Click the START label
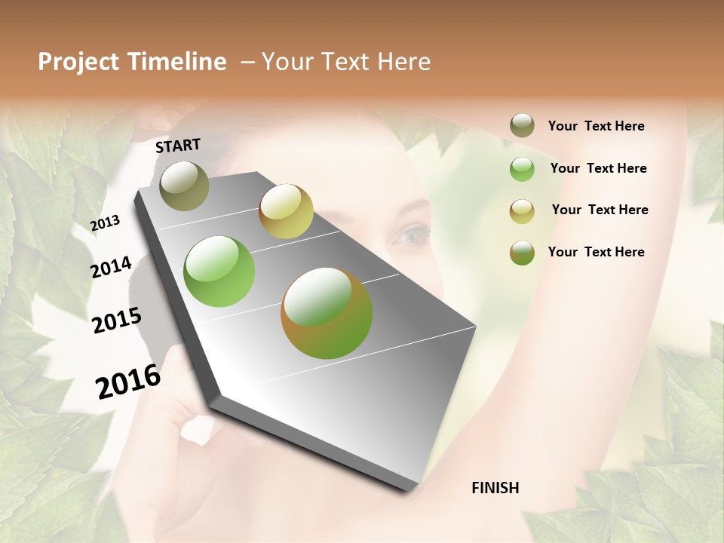pyautogui.click(x=178, y=146)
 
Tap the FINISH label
pyautogui.click(x=495, y=488)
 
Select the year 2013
pyautogui.click(x=105, y=223)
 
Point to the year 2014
pyautogui.click(x=111, y=268)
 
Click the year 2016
pyautogui.click(x=128, y=382)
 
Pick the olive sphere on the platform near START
pyautogui.click(x=184, y=186)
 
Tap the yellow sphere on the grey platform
pyautogui.click(x=286, y=211)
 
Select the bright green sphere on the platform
pyautogui.click(x=219, y=271)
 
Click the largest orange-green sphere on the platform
pyautogui.click(x=326, y=313)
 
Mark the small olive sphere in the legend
pyautogui.click(x=522, y=125)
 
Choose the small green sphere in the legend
pyautogui.click(x=522, y=169)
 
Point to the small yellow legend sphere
pyautogui.click(x=522, y=211)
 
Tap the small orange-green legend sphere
pyautogui.click(x=522, y=253)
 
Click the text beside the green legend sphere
pyautogui.click(x=598, y=168)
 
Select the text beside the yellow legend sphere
pyautogui.click(x=600, y=210)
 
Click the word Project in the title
pyautogui.click(x=79, y=62)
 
